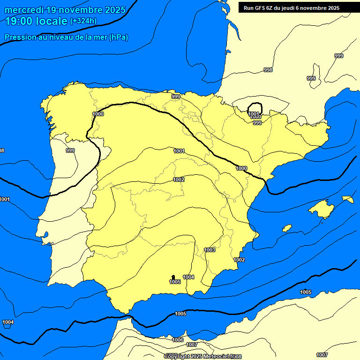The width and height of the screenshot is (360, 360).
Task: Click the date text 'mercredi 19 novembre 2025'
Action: pyautogui.click(x=65, y=10)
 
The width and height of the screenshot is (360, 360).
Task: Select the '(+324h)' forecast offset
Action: pyautogui.click(x=83, y=21)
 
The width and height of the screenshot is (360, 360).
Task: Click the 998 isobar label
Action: pyautogui.click(x=268, y=70)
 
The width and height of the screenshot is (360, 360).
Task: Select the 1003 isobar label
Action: pyautogui.click(x=210, y=250)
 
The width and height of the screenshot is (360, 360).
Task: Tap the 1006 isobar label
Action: pyautogui.click(x=178, y=340)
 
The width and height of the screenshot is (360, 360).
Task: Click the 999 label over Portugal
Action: pyautogui.click(x=70, y=150)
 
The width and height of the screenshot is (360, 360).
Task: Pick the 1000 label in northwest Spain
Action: pyautogui.click(x=98, y=114)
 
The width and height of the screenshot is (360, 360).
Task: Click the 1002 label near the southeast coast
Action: pyautogui.click(x=239, y=260)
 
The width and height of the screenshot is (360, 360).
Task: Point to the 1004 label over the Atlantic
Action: pyautogui.click(x=8, y=322)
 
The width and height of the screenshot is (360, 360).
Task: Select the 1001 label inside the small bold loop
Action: pyautogui.click(x=254, y=113)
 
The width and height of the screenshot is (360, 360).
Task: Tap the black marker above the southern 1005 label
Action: pyautogui.click(x=173, y=277)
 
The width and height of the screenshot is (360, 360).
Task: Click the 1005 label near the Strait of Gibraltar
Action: pyautogui.click(x=180, y=314)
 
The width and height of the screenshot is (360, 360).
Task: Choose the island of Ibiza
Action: pyautogui.click(x=287, y=228)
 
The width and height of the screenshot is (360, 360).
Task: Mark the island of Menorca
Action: pyautogui.click(x=347, y=199)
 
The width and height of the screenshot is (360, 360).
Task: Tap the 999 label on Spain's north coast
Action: pyautogui.click(x=176, y=97)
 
